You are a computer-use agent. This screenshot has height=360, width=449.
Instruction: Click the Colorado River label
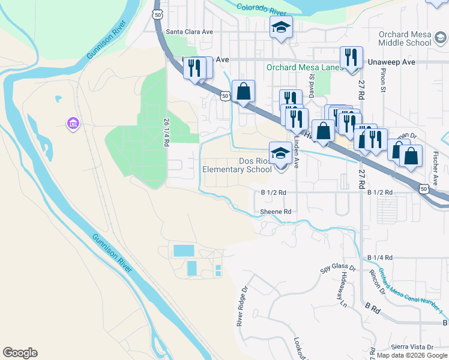[262, 9]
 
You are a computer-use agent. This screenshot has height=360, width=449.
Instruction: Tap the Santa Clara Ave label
[190, 32]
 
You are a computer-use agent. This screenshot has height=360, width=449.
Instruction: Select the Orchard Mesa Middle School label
[405, 38]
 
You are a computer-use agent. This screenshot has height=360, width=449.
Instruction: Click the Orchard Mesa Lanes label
[304, 68]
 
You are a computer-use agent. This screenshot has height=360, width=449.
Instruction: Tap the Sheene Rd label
[276, 212]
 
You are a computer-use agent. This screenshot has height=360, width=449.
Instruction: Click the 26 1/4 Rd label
[166, 131]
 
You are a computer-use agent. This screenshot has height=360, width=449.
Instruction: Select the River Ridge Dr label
[242, 306]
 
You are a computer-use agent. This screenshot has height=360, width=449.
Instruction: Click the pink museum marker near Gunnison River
[73, 124]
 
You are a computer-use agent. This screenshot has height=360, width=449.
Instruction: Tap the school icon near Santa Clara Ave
[280, 28]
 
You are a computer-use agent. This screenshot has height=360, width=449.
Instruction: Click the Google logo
[20, 353]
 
